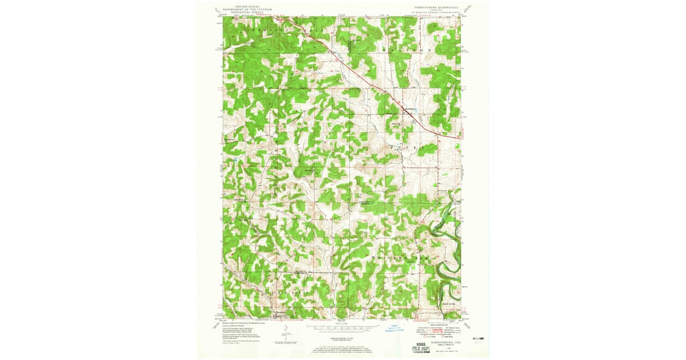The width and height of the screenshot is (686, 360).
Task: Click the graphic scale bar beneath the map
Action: tap(341, 329)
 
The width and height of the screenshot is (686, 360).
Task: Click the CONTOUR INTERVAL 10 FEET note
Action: tap(341, 339)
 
